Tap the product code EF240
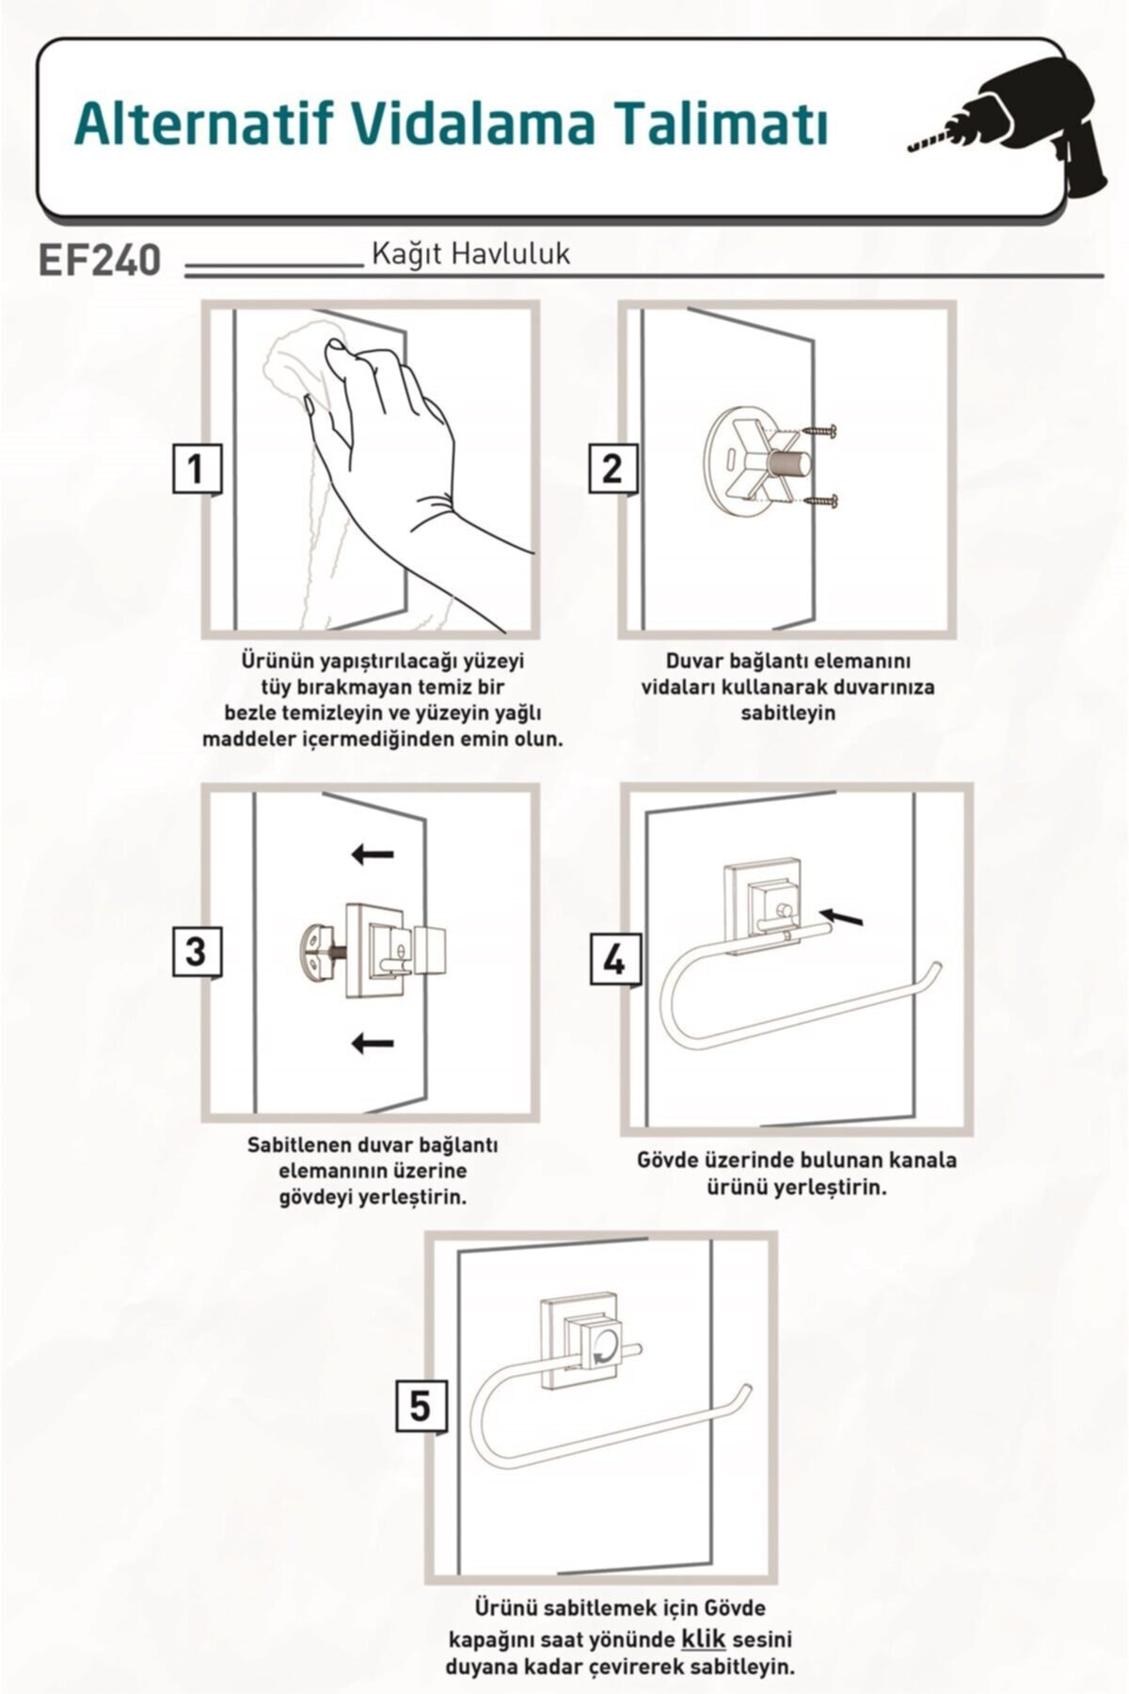pos(100,260)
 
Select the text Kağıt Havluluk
pos(471,254)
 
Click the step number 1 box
pos(197,469)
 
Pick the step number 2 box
pos(612,468)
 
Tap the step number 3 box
pos(196,951)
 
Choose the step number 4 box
pos(614,960)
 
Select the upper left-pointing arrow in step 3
pos(373,854)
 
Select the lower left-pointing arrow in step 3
pos(373,1042)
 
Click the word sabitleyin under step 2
pos(788,712)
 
